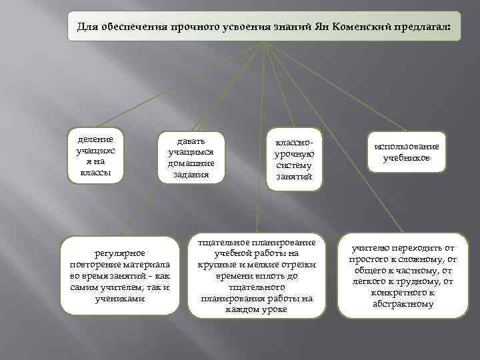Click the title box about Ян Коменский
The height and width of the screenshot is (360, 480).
point(264,27)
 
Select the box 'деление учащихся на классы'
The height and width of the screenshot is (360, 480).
point(96,155)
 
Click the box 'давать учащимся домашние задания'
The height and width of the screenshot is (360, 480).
point(191,157)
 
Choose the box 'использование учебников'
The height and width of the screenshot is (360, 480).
point(406,152)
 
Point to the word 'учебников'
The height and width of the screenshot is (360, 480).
point(406,158)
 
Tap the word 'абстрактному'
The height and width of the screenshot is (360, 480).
point(403,303)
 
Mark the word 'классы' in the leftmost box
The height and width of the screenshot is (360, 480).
point(96,173)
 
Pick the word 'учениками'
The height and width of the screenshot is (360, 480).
point(120,299)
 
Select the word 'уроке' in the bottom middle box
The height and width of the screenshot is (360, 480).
point(274,309)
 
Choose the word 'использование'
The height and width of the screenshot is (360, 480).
point(406,146)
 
